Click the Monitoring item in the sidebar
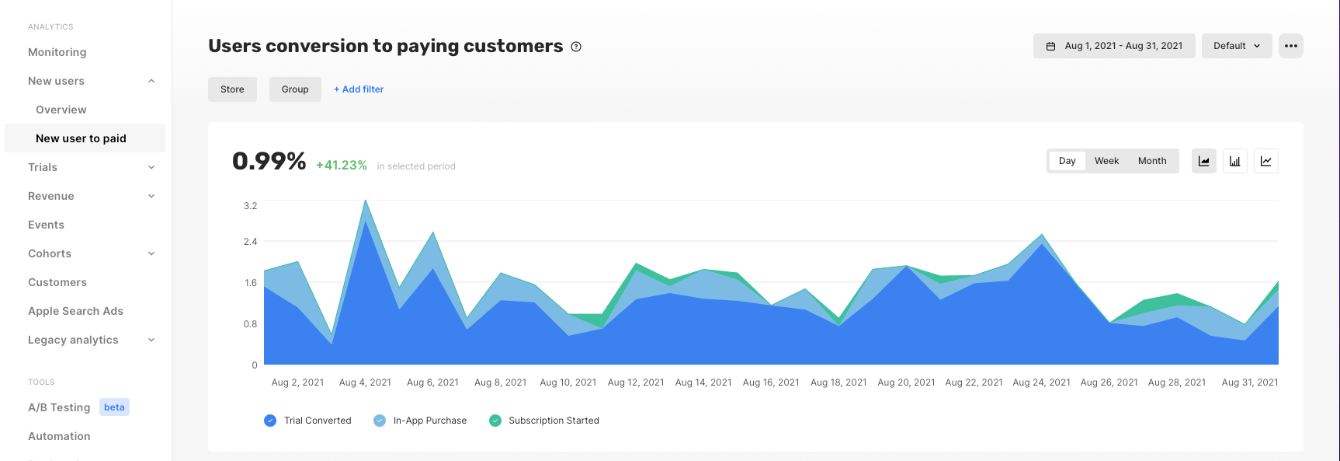pos(57,52)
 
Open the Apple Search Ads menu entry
pos(75,311)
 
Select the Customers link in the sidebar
pos(57,282)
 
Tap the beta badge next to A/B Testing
pos(114,407)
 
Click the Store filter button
pos(232,89)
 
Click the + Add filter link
pos(359,89)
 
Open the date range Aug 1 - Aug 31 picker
pos(1114,46)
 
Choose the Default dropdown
pos(1237,46)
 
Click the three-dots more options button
pos(1291,46)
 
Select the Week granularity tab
pos(1106,161)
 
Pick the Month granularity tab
pos(1152,161)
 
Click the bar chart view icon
pos(1235,161)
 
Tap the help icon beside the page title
pos(576,47)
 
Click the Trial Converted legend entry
pos(308,421)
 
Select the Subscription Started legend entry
pos(544,421)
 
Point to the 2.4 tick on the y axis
pos(250,242)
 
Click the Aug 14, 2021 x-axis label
pos(703,382)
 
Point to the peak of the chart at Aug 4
pos(366,201)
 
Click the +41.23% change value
pos(342,165)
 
